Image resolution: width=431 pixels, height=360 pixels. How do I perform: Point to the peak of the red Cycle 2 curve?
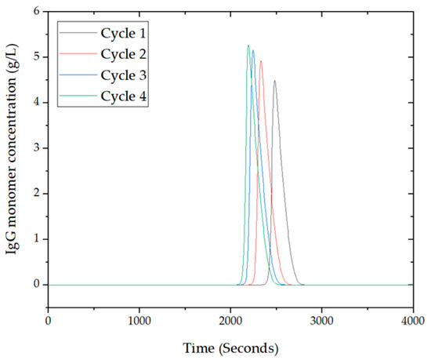261,60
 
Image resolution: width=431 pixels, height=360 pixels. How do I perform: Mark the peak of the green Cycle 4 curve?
248,45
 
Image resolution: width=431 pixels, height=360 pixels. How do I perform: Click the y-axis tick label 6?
35,12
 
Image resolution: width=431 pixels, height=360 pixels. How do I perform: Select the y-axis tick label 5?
35,57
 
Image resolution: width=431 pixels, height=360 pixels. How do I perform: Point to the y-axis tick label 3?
35,148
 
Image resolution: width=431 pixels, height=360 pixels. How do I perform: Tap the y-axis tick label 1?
35,239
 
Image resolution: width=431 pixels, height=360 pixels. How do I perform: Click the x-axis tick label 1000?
139,321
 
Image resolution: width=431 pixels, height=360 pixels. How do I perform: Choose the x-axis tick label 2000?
231,321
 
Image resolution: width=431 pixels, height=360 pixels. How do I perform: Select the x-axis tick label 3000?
322,321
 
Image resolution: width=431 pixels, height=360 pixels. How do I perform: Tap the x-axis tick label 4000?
413,321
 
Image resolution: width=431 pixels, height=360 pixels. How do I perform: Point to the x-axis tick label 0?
49,321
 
